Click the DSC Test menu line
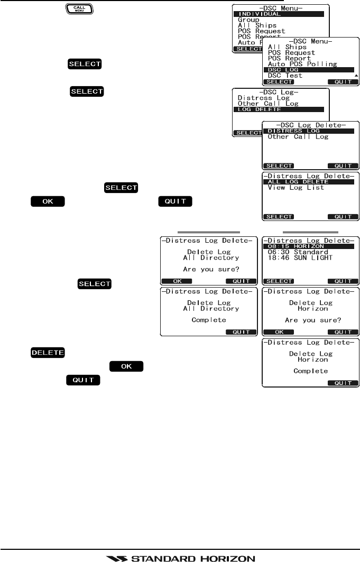[x=285, y=76]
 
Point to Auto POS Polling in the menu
[x=302, y=64]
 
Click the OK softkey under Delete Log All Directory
[x=172, y=281]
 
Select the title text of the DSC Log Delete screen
[x=311, y=125]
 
